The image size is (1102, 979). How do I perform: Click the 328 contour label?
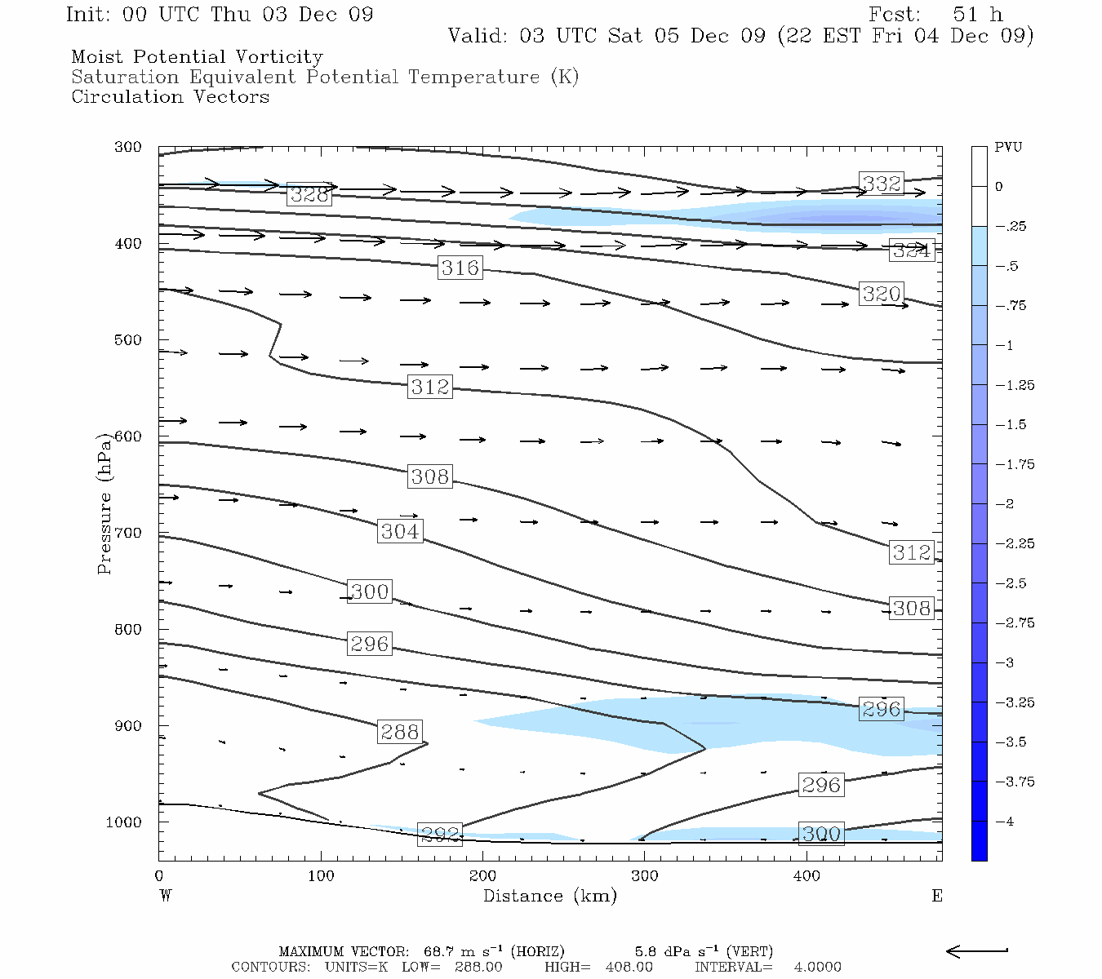tap(309, 195)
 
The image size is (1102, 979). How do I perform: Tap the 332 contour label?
tap(882, 184)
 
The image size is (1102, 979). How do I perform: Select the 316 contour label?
tap(460, 268)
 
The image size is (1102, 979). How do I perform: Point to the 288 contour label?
tap(400, 732)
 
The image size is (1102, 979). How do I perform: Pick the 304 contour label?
tap(401, 532)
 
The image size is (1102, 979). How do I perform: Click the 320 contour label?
tap(882, 294)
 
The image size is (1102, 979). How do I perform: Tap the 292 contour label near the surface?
tap(440, 835)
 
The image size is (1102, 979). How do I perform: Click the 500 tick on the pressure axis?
tap(128, 340)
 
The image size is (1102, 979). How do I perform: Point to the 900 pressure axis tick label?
tap(128, 726)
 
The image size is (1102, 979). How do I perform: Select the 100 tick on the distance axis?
tap(321, 876)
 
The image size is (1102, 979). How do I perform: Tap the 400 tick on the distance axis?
tap(807, 876)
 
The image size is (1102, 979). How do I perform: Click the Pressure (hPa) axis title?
tap(104, 503)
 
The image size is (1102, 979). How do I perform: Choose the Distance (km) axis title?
tap(549, 896)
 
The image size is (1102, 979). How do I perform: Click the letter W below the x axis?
tap(166, 896)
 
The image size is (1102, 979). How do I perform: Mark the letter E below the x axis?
tap(936, 896)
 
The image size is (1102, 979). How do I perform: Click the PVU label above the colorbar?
tap(1007, 148)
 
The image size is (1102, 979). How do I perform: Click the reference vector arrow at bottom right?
tap(976, 950)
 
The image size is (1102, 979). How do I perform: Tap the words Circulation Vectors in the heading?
tap(170, 97)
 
